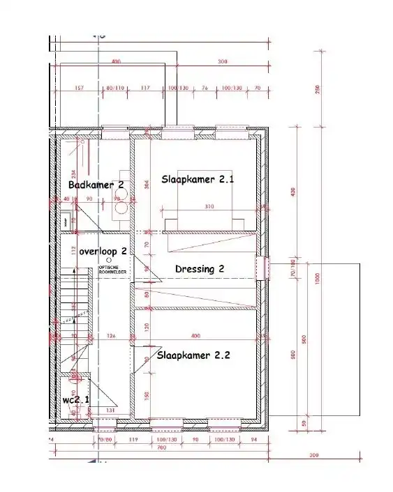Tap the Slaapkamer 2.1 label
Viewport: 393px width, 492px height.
(198, 179)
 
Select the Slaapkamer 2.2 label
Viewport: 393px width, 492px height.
(193, 355)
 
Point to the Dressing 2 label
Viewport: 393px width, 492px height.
(199, 268)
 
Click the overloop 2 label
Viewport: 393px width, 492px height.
(103, 250)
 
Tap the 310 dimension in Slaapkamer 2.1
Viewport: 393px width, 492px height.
(209, 207)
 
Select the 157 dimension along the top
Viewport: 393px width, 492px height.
(78, 89)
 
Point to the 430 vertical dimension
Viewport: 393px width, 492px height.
(294, 192)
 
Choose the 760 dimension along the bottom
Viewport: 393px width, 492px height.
(161, 447)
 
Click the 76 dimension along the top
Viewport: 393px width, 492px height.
(205, 89)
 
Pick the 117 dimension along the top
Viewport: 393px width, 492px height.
(145, 89)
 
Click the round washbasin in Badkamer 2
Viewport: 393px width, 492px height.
(119, 206)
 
